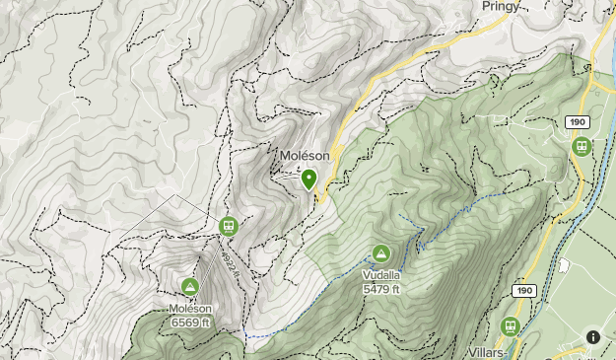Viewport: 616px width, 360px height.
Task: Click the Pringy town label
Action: click(x=502, y=6)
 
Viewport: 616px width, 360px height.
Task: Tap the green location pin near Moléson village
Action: click(x=308, y=180)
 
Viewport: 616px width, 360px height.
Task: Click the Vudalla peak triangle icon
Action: click(x=381, y=253)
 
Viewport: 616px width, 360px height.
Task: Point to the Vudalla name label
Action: click(x=381, y=276)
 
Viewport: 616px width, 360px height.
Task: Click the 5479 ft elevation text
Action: click(x=381, y=289)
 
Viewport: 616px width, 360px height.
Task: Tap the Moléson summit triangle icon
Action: click(x=190, y=287)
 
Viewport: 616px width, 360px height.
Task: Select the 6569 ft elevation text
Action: click(x=189, y=323)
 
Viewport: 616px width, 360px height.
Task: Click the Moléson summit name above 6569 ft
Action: click(x=189, y=310)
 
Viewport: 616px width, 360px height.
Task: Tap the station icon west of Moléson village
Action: click(x=229, y=227)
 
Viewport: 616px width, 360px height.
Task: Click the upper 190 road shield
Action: click(x=578, y=122)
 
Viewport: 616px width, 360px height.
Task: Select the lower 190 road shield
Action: click(x=523, y=291)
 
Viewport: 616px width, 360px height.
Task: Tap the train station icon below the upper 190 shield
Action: click(x=582, y=146)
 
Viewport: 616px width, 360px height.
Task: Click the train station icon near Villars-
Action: click(x=511, y=325)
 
